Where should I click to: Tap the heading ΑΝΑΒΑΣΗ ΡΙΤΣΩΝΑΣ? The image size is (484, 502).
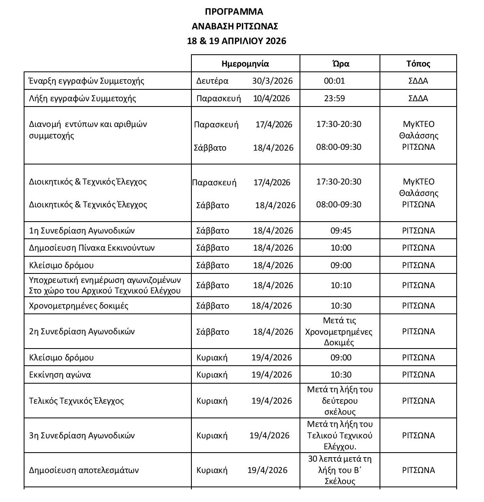[x=235, y=27]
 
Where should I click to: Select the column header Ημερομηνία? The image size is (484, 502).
[x=245, y=64]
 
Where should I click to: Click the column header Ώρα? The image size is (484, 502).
[x=340, y=64]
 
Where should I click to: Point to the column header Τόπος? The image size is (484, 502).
[x=418, y=64]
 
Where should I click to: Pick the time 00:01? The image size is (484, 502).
[x=334, y=81]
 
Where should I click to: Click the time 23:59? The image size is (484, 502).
[x=334, y=98]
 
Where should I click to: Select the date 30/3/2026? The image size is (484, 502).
[x=272, y=81]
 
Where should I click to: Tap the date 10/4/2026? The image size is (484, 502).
[x=271, y=98]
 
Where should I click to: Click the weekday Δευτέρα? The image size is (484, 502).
[x=212, y=81]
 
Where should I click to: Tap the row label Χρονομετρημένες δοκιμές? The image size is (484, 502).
[x=79, y=306]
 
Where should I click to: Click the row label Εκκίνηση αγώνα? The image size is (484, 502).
[x=60, y=375]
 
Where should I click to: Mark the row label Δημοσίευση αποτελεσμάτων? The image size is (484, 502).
[x=84, y=470]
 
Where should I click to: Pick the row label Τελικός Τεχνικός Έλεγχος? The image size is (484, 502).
[x=76, y=401]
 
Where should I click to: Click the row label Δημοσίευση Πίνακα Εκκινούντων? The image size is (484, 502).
[x=92, y=248]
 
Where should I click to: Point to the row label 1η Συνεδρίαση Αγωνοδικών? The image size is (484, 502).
[x=82, y=231]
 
